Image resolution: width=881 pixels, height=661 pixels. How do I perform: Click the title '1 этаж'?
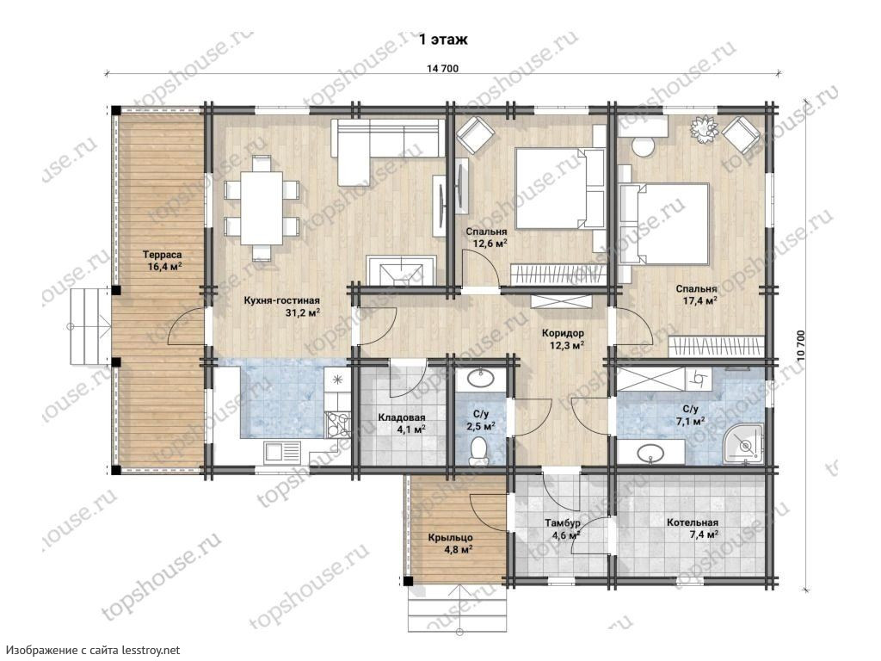(443, 40)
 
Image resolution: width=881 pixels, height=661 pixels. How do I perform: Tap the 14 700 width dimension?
(443, 69)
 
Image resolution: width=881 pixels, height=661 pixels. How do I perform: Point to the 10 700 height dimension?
(801, 346)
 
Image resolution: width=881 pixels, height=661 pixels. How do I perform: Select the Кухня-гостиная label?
(281, 300)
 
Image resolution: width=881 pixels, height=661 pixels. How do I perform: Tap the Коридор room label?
(563, 333)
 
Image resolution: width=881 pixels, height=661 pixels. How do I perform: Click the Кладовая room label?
(401, 418)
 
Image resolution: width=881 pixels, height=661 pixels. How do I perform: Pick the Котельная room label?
(693, 522)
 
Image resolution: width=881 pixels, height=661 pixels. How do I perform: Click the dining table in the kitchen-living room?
(262, 207)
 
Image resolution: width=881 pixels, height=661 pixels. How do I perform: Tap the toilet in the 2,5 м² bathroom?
(479, 451)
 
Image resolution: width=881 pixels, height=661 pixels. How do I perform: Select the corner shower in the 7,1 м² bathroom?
(742, 445)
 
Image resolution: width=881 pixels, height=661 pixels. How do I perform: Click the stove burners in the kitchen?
(337, 424)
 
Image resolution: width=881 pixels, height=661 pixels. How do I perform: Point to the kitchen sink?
(282, 451)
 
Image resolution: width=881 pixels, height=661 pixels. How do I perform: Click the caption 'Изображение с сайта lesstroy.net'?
(93, 651)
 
